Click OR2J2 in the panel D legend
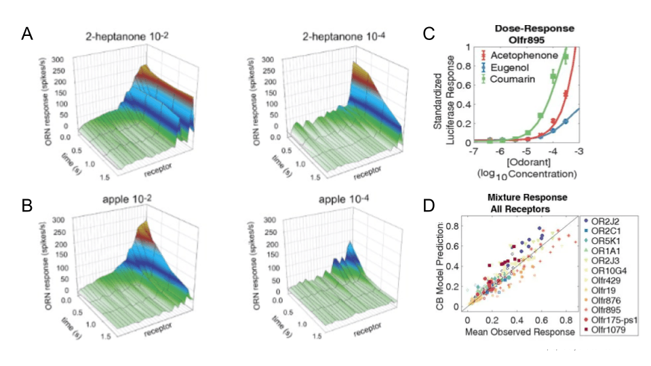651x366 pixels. click(x=606, y=221)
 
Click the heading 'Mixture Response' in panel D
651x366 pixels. click(x=524, y=197)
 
